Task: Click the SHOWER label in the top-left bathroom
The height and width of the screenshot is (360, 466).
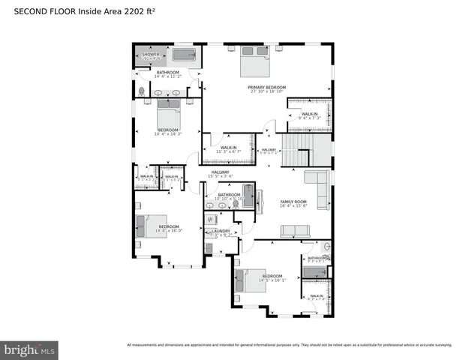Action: (x=151, y=55)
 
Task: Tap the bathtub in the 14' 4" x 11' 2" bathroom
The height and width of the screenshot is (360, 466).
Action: (x=184, y=55)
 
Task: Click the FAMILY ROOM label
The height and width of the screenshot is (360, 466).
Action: (x=293, y=202)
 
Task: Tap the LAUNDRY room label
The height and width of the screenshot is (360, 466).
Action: (x=221, y=231)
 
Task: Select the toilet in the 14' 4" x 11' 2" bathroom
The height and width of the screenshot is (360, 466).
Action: (x=140, y=91)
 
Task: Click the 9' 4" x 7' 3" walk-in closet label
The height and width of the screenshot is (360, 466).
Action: (x=308, y=115)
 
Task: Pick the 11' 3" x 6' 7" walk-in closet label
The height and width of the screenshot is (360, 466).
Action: (x=227, y=148)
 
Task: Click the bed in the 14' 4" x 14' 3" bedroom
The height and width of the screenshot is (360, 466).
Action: (x=168, y=115)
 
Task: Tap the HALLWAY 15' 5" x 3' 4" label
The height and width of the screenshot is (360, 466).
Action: (x=220, y=174)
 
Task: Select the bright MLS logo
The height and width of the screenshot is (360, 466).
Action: (x=30, y=349)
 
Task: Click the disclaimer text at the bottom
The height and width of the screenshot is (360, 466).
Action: (x=289, y=345)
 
